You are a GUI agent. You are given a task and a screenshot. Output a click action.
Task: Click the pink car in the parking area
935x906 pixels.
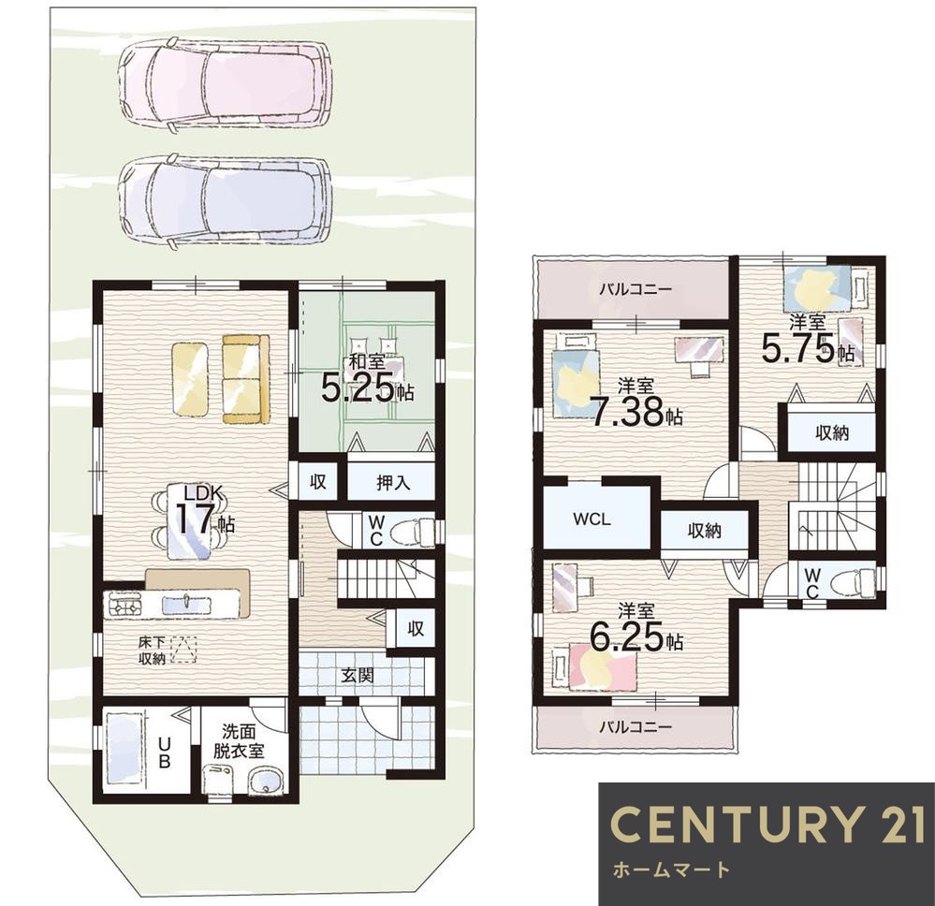click(225, 85)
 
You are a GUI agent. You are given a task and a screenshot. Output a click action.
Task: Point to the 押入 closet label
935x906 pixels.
click(392, 482)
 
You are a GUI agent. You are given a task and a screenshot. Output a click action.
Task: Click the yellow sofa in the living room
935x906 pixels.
click(245, 379)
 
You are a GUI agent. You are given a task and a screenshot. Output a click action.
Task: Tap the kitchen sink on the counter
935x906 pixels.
click(186, 604)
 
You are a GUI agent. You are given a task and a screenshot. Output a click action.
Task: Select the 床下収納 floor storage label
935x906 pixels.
click(152, 650)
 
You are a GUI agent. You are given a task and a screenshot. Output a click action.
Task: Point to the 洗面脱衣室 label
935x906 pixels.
click(239, 740)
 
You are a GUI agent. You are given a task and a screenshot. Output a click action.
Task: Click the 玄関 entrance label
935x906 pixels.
click(358, 675)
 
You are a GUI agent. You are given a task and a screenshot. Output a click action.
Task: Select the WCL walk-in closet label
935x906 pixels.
click(592, 519)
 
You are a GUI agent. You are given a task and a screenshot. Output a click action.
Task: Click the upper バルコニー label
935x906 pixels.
click(636, 289)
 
